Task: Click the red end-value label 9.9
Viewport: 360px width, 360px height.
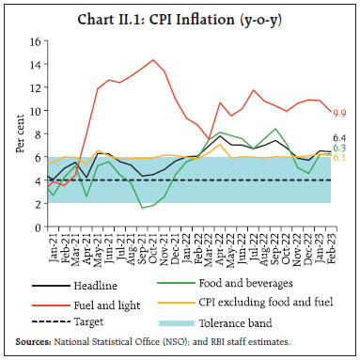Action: tap(340, 113)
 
